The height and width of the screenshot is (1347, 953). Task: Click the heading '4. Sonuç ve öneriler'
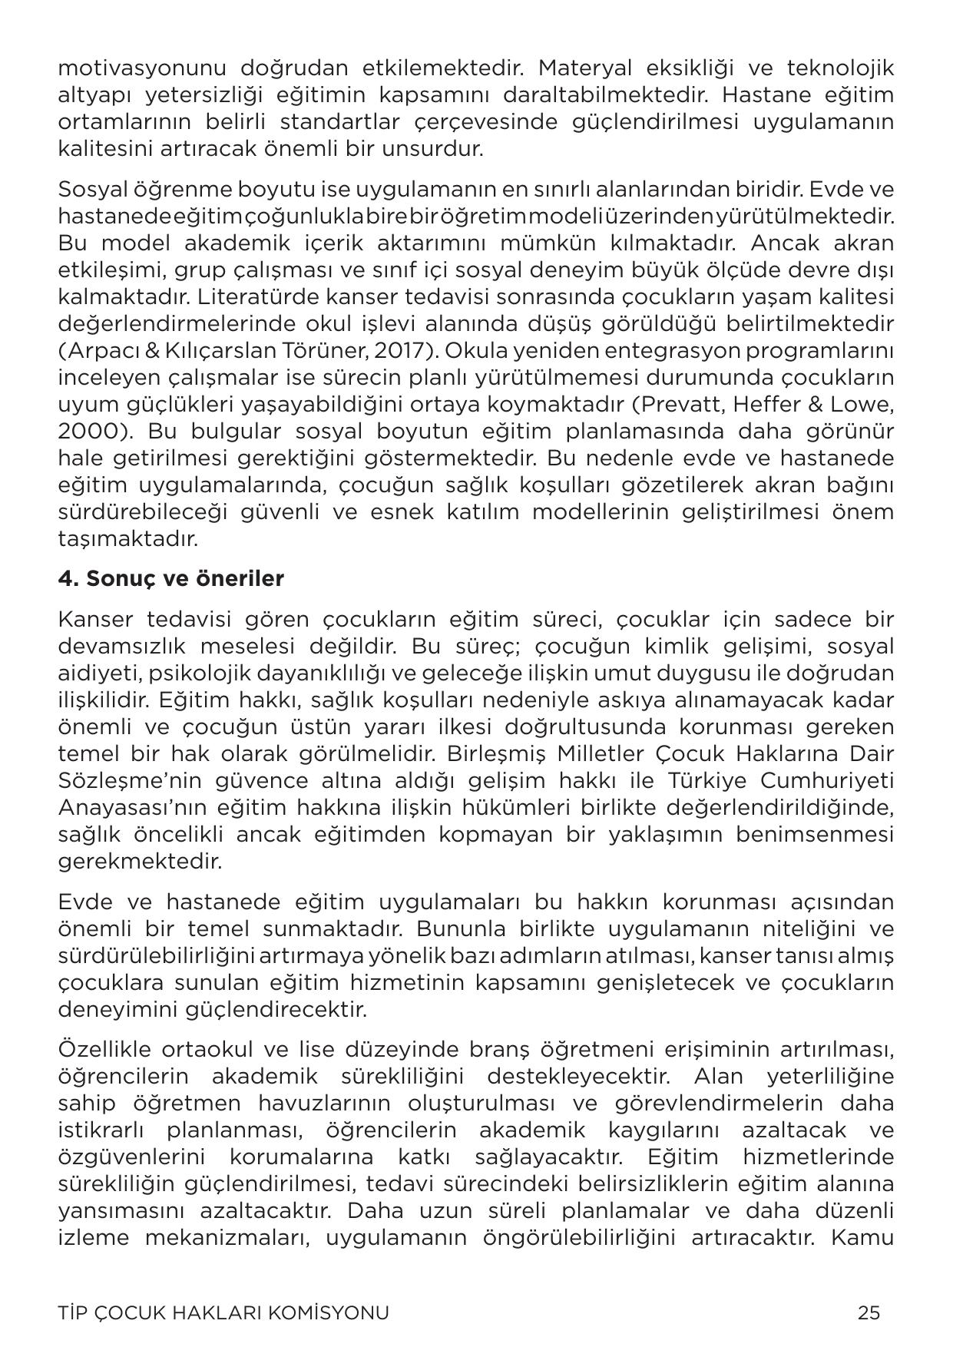point(170,578)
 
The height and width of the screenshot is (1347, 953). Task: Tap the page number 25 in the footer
point(869,1312)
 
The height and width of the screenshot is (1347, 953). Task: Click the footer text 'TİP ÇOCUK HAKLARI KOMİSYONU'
point(223,1312)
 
